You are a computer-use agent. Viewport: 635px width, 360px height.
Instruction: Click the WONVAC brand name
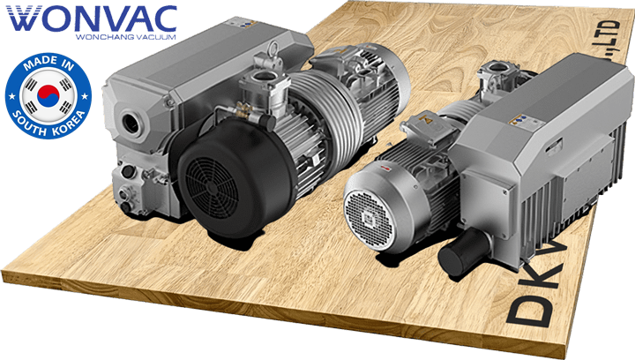(x=91, y=18)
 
